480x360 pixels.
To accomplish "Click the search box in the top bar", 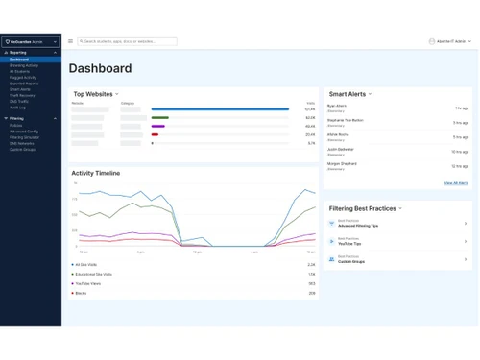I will [x=128, y=41].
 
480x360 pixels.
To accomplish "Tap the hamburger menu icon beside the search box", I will [x=70, y=41].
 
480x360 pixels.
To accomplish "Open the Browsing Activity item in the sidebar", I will [x=24, y=65].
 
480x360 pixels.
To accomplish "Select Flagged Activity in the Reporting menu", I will [x=24, y=76].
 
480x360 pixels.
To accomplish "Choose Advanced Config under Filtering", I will [x=24, y=131].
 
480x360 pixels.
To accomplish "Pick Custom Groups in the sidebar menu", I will [x=23, y=149].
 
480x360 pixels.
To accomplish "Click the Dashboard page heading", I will [x=100, y=69].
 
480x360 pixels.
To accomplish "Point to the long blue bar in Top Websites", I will [x=220, y=109].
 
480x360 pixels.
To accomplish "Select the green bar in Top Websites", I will [x=160, y=117].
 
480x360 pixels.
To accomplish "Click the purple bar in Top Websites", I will [x=158, y=126].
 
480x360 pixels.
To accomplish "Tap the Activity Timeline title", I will [x=96, y=174].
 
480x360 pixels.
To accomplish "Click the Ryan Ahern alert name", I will [x=337, y=106].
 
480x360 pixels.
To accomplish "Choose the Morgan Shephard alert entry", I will [x=342, y=163].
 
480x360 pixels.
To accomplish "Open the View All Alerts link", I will [x=456, y=182].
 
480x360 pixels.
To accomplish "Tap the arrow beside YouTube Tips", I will [x=466, y=241].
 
